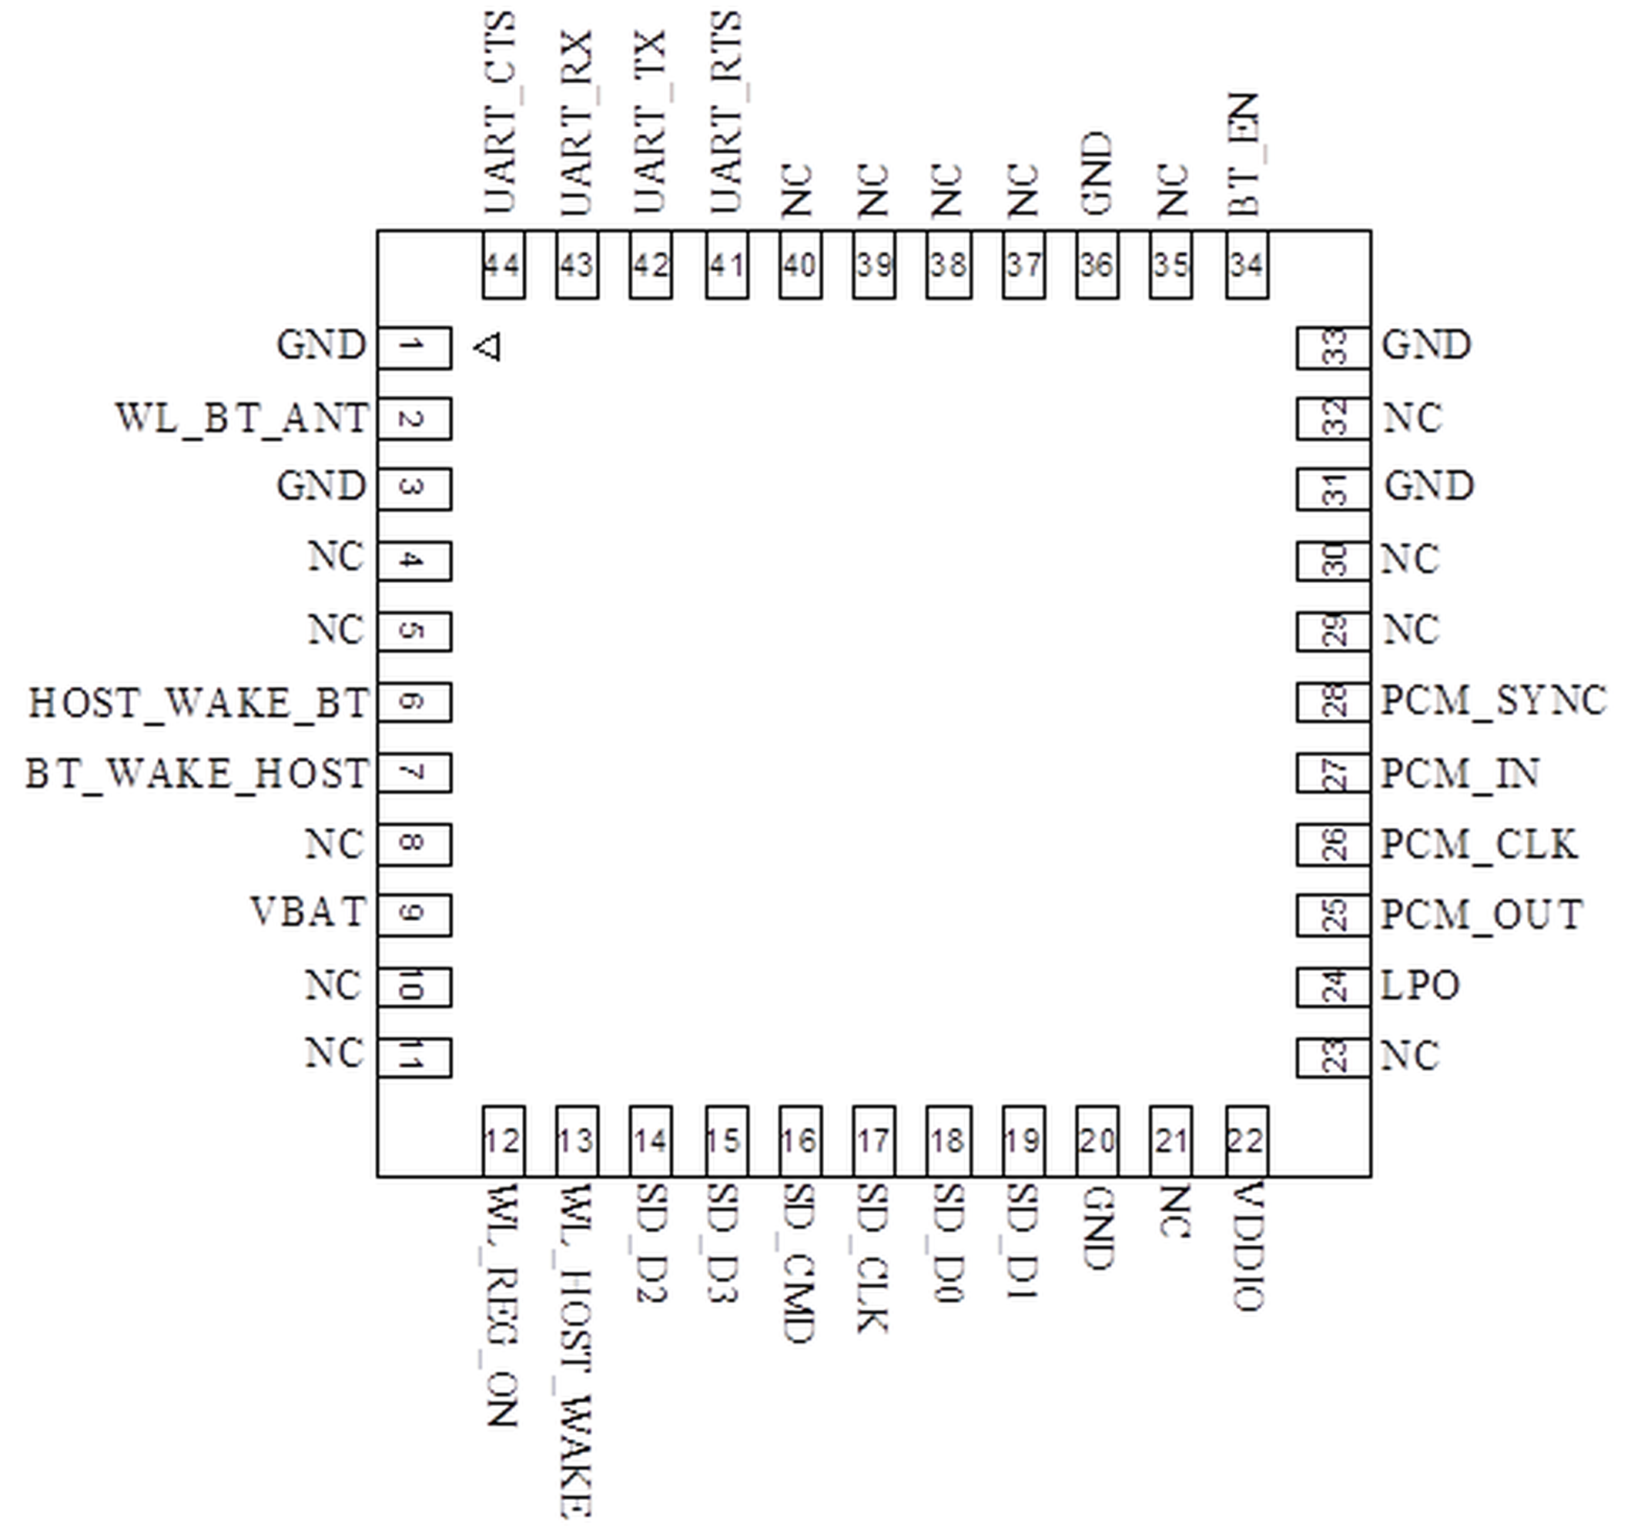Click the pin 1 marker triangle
[488, 347]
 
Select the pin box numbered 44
[502, 265]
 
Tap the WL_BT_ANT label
[242, 418]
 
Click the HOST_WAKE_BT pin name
[199, 703]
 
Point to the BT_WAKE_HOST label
[197, 773]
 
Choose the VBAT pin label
[308, 912]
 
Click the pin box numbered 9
[414, 915]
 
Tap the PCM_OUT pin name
[1482, 915]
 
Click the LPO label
[1420, 985]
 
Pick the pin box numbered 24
[1333, 986]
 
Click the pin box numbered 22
[1246, 1141]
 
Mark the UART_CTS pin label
[501, 113]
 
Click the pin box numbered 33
[1333, 347]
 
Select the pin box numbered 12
[502, 1141]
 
